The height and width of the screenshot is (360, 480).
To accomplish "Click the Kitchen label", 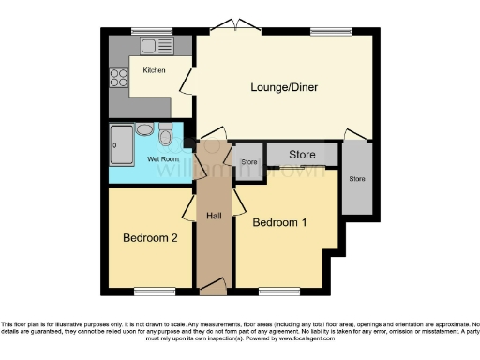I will pyautogui.click(x=154, y=71).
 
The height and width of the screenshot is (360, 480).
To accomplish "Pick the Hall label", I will pyautogui.click(x=214, y=217).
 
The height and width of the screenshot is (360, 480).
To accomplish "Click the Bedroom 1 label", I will pyautogui.click(x=279, y=222).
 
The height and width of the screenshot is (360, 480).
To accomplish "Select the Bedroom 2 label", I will pyautogui.click(x=150, y=238).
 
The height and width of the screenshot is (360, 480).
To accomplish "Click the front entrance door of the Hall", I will pyautogui.click(x=213, y=283).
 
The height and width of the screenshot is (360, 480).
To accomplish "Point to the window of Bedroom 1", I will pyautogui.click(x=274, y=289).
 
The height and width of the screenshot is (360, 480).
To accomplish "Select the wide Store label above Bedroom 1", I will pyautogui.click(x=301, y=154).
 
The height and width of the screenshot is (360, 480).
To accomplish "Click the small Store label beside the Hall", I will pyautogui.click(x=248, y=162).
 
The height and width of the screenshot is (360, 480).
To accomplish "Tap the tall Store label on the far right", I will pyautogui.click(x=356, y=178).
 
